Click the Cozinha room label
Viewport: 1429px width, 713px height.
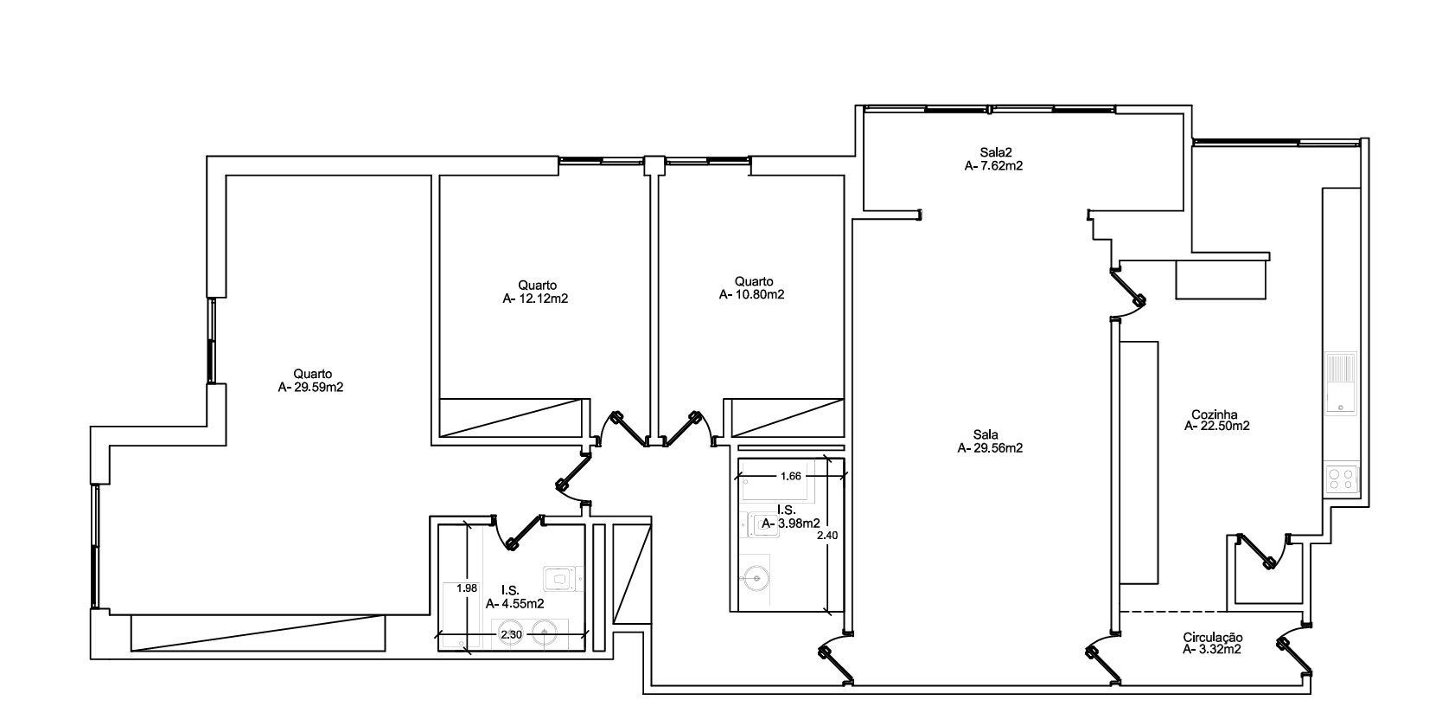[1214, 414]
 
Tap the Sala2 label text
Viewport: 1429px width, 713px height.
[996, 152]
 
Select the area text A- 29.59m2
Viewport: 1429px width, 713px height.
[310, 388]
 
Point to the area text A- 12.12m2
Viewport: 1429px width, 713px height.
[535, 299]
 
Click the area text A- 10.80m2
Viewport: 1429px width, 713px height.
[751, 295]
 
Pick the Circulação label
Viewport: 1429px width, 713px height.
[1213, 638]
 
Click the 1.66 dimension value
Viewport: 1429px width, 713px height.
[790, 476]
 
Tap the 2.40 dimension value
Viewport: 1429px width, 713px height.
[827, 536]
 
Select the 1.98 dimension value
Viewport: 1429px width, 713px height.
[467, 588]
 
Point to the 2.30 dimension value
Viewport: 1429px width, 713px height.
[511, 634]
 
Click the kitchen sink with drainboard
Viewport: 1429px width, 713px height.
[1341, 383]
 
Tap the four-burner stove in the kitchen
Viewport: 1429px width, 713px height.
[1342, 479]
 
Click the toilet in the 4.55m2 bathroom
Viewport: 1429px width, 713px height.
[563, 579]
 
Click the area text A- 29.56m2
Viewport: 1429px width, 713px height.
[990, 449]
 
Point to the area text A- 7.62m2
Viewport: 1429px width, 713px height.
[994, 166]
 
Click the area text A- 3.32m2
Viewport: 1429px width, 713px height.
[1212, 650]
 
